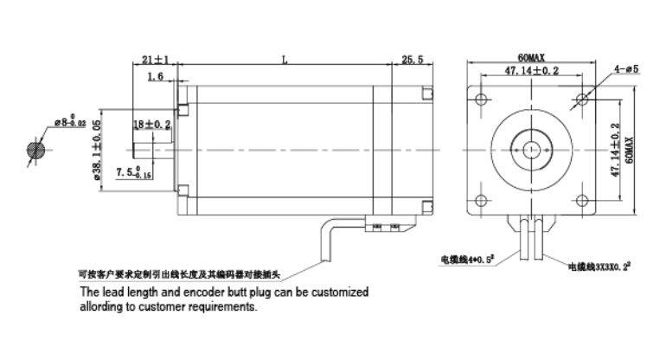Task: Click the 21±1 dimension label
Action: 155,60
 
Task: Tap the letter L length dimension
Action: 285,60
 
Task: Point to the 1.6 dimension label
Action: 156,77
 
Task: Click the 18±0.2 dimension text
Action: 152,125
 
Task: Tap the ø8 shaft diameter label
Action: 68,122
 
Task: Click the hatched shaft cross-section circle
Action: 37,150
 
